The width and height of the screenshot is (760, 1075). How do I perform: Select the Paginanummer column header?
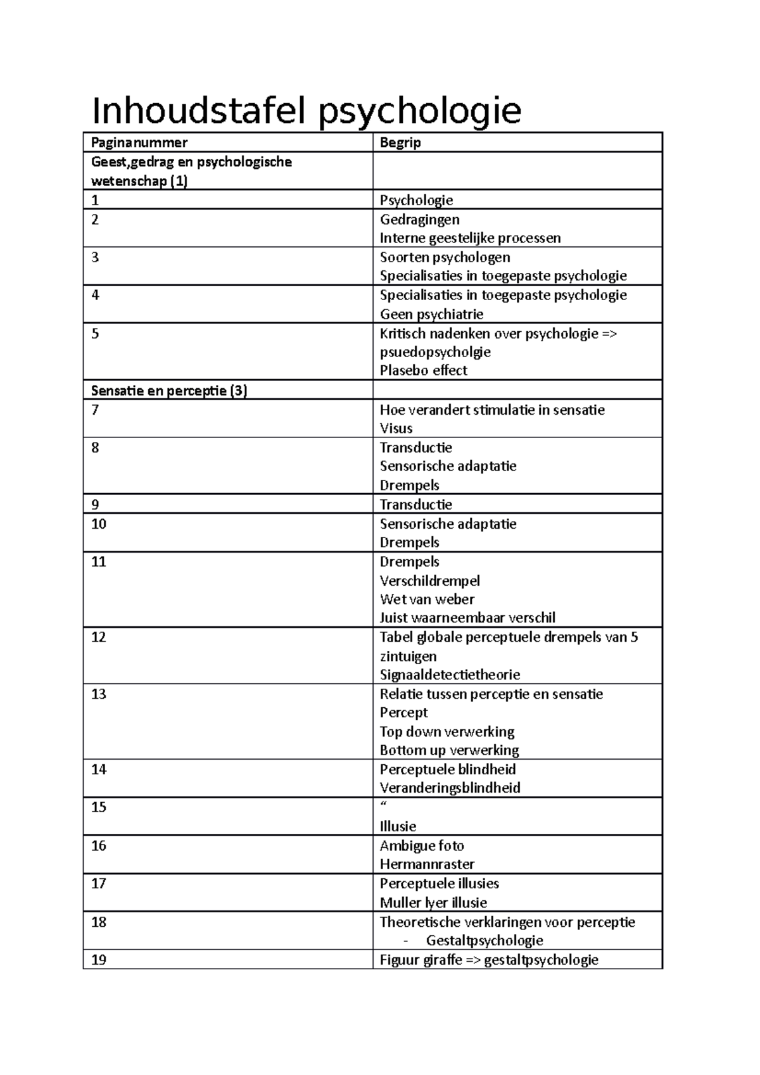[x=139, y=143]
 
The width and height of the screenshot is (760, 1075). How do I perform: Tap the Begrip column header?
[x=400, y=143]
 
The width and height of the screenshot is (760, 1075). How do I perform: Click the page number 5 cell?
[x=96, y=334]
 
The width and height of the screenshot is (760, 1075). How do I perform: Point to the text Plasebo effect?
[x=423, y=371]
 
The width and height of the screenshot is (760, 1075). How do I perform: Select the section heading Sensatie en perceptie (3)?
[x=168, y=391]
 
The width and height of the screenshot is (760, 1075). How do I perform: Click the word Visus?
[x=396, y=429]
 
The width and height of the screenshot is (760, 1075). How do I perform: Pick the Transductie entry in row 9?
[x=415, y=505]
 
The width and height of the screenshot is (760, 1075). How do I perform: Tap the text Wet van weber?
[x=427, y=599]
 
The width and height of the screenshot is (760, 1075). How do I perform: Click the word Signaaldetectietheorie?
[x=450, y=675]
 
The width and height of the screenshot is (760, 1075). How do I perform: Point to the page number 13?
[x=99, y=694]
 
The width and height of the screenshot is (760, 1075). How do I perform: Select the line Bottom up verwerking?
[x=449, y=750]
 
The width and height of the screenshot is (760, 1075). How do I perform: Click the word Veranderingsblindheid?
[x=450, y=788]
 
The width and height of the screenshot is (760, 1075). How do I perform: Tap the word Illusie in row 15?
[x=398, y=826]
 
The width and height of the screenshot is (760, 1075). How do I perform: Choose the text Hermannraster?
[x=427, y=864]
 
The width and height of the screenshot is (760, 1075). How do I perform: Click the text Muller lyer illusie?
[x=433, y=903]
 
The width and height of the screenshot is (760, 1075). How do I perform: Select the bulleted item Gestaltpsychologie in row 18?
[x=484, y=941]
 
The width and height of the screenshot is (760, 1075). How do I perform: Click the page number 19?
[x=99, y=960]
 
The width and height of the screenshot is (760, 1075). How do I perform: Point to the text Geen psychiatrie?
[x=431, y=315]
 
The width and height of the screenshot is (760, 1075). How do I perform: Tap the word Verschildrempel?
[x=429, y=581]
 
